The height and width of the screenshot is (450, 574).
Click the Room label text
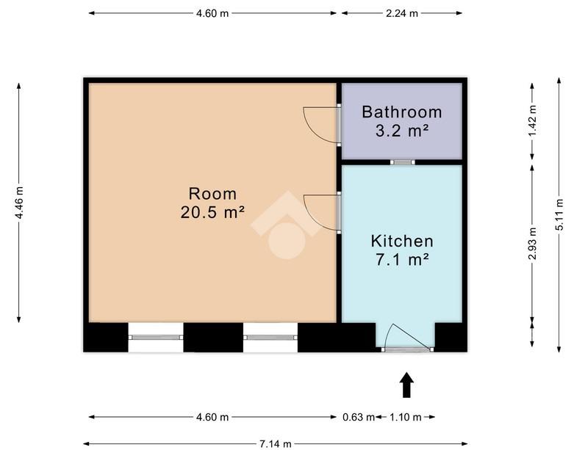click(x=212, y=194)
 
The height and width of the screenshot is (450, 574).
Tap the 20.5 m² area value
click(x=212, y=212)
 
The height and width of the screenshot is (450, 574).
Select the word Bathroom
click(x=401, y=112)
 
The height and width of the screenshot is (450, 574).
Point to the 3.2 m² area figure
click(x=402, y=131)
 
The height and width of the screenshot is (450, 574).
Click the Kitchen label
click(x=402, y=242)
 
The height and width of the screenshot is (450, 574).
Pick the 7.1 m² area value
click(x=402, y=260)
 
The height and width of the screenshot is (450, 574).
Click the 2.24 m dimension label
click(x=402, y=13)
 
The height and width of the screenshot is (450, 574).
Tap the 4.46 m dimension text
click(x=19, y=203)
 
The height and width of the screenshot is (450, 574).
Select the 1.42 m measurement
click(x=532, y=120)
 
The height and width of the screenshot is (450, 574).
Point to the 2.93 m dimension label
click(x=532, y=243)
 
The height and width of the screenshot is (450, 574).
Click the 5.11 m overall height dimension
click(x=559, y=214)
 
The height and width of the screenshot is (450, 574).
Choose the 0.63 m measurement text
click(x=359, y=417)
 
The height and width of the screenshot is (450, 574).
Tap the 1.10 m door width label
click(x=405, y=417)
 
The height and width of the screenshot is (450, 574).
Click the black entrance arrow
click(x=406, y=385)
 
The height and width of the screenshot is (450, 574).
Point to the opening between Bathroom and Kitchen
click(x=402, y=162)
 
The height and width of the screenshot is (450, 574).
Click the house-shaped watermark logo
click(x=287, y=225)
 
